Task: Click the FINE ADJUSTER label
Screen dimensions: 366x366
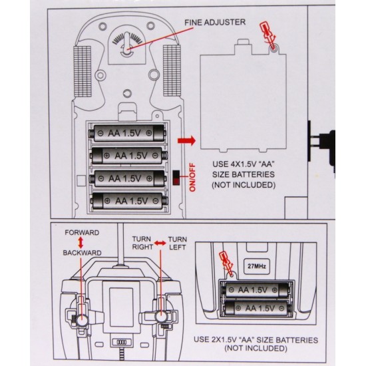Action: point(215,23)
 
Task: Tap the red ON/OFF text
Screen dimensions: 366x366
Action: point(192,178)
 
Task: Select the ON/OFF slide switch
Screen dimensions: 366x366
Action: point(176,178)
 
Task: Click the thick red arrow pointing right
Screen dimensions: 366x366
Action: point(186,141)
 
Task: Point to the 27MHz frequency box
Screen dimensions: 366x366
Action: point(257,266)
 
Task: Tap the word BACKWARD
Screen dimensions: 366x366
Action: point(82,253)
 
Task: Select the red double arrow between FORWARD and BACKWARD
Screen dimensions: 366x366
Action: point(81,243)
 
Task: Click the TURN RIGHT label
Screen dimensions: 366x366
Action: point(142,243)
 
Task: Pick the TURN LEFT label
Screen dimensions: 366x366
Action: point(178,243)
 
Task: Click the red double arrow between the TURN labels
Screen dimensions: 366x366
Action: point(160,243)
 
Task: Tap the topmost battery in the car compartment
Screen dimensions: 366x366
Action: point(128,133)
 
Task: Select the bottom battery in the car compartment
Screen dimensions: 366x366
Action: point(129,201)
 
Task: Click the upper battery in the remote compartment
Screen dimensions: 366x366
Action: point(256,290)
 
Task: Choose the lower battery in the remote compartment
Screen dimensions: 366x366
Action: point(257,308)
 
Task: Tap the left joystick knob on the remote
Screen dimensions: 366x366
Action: point(82,319)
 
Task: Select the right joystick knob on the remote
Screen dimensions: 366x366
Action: point(160,317)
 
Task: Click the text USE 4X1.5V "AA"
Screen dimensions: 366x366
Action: point(243,164)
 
